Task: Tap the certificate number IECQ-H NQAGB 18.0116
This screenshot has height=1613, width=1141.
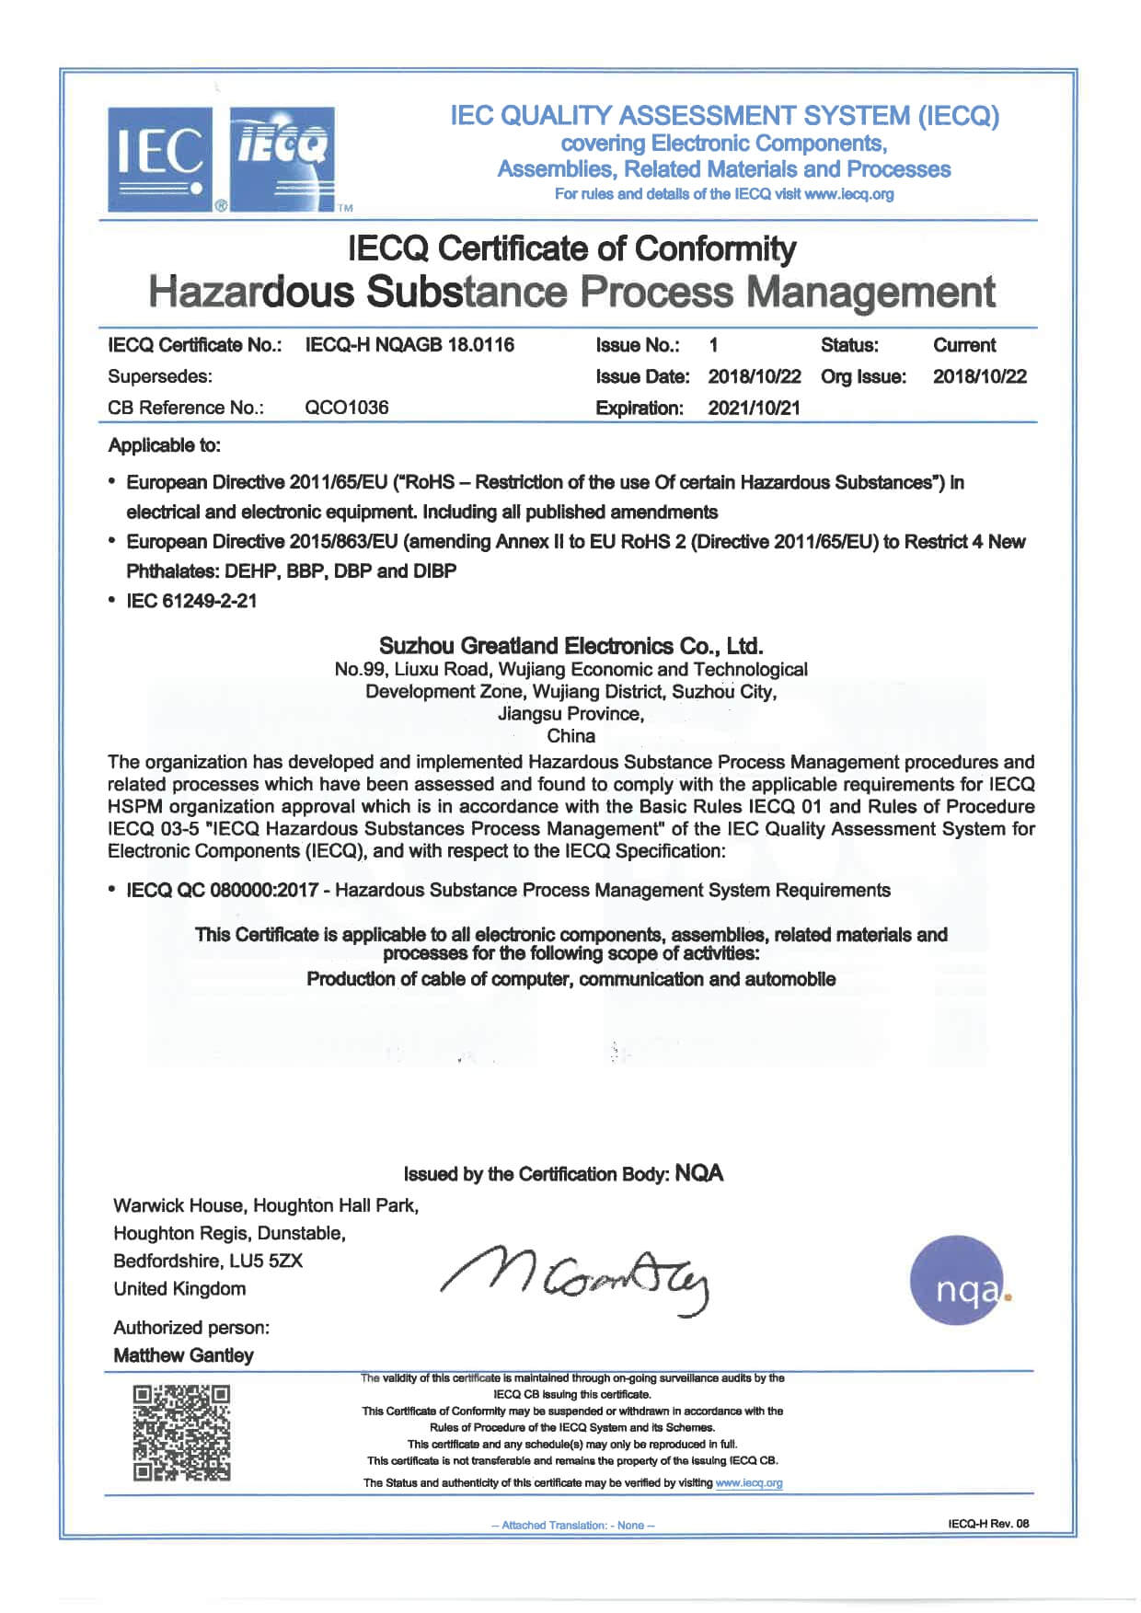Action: pyautogui.click(x=409, y=345)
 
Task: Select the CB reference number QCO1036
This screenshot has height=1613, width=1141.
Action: pyautogui.click(x=346, y=408)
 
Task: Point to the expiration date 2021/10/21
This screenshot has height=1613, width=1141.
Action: pyautogui.click(x=754, y=408)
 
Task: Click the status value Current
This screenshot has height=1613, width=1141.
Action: pyautogui.click(x=963, y=345)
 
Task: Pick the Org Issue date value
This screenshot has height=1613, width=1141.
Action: pyautogui.click(x=979, y=376)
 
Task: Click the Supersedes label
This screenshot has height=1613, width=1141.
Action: pyautogui.click(x=147, y=376)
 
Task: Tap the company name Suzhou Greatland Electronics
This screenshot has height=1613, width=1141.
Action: pyautogui.click(x=570, y=646)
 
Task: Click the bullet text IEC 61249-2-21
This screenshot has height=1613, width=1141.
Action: pyautogui.click(x=191, y=601)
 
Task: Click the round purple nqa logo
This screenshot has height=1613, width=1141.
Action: pyautogui.click(x=958, y=1280)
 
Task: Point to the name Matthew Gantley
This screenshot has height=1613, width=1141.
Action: pyautogui.click(x=183, y=1355)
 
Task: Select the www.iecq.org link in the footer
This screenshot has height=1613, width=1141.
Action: pyautogui.click(x=749, y=1482)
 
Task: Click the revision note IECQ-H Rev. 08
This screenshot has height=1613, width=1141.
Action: pyautogui.click(x=988, y=1524)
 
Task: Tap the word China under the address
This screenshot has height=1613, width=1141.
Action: pyautogui.click(x=570, y=736)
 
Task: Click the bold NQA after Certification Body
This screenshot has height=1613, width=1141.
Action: pyautogui.click(x=699, y=1173)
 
